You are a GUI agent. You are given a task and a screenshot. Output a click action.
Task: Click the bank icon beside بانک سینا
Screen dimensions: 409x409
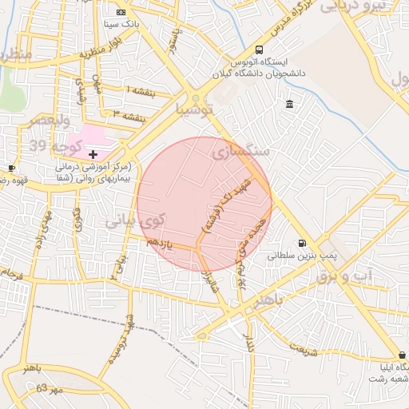pos(121,13)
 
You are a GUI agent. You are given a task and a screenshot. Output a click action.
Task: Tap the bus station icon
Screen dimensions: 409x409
pos(258,49)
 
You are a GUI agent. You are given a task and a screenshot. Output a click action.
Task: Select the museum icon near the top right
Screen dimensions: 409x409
pos(289,105)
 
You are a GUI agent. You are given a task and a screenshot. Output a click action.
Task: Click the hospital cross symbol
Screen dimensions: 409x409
pos(93,153)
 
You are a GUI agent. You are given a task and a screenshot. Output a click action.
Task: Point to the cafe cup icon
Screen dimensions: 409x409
pos(11,168)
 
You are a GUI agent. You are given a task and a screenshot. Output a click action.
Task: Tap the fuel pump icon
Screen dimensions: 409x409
pos(301,244)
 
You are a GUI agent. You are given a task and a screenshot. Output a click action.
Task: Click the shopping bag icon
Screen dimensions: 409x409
pos(402,355)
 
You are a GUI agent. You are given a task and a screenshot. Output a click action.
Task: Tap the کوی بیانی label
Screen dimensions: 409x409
pos(136,220)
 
